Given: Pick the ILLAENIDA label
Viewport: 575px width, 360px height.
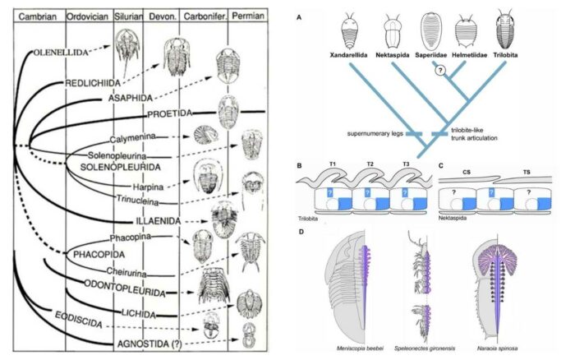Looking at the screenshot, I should click(157, 221).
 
